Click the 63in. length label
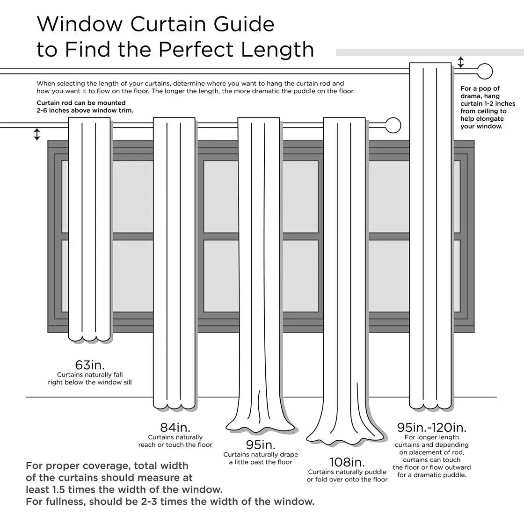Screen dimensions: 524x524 click(x=90, y=365)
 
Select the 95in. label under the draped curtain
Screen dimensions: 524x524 click(x=261, y=444)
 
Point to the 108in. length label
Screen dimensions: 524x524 click(x=347, y=462)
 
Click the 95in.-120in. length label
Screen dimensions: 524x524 click(x=432, y=428)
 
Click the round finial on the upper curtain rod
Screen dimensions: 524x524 click(x=486, y=72)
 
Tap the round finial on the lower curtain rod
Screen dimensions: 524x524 click(x=393, y=125)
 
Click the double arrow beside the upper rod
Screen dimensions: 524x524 click(x=461, y=62)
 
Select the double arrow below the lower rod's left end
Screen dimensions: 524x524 click(x=37, y=134)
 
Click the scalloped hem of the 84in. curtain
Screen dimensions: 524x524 click(x=175, y=403)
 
